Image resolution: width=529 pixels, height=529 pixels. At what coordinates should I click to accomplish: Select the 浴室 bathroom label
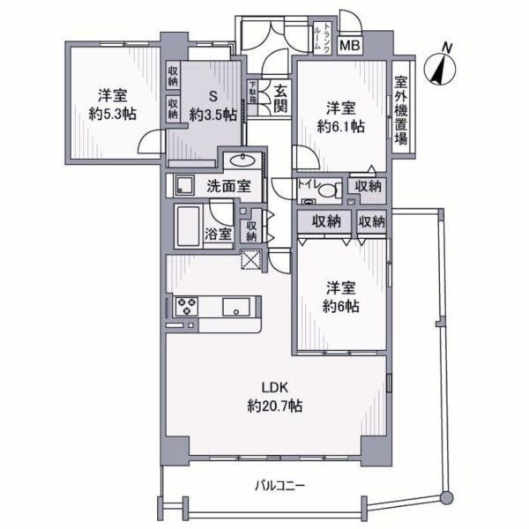click(219, 234)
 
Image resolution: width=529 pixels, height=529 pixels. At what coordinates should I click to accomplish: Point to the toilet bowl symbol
click(330, 189)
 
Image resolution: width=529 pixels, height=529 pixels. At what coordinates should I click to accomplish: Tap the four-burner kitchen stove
click(187, 307)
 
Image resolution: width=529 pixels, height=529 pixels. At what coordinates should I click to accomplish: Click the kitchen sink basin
click(236, 307)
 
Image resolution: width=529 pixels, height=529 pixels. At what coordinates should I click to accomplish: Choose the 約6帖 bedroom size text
click(339, 306)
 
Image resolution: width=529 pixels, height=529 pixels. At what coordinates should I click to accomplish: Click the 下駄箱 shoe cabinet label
click(252, 91)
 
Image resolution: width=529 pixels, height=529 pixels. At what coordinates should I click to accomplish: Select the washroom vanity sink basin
click(239, 160)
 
